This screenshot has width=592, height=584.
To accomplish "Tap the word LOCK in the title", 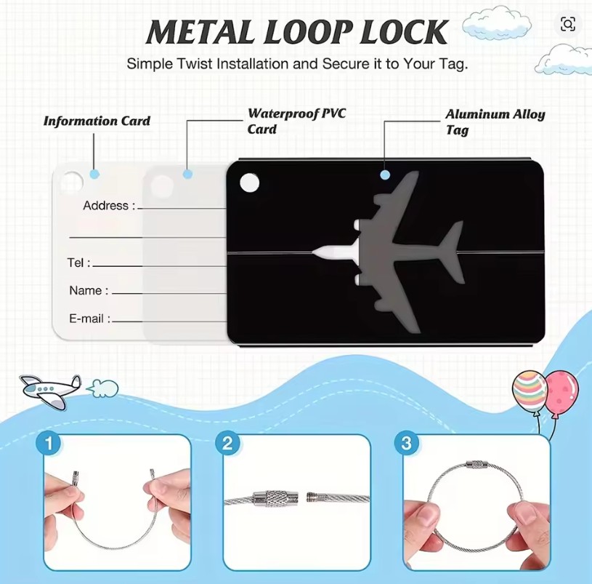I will pos(402,33).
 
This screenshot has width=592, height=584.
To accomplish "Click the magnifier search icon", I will pos(567,24).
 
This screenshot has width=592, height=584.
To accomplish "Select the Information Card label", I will pos(97,121).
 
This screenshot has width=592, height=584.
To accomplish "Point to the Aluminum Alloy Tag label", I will pos(495,121).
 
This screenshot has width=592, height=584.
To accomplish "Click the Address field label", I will pos(109,206).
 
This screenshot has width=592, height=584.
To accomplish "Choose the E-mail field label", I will pos(89,319).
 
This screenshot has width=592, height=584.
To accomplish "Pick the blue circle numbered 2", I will pos(228,443).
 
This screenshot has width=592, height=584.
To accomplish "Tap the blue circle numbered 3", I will pos(406,443).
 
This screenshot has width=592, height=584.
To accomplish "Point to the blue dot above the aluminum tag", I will pos(385,175).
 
